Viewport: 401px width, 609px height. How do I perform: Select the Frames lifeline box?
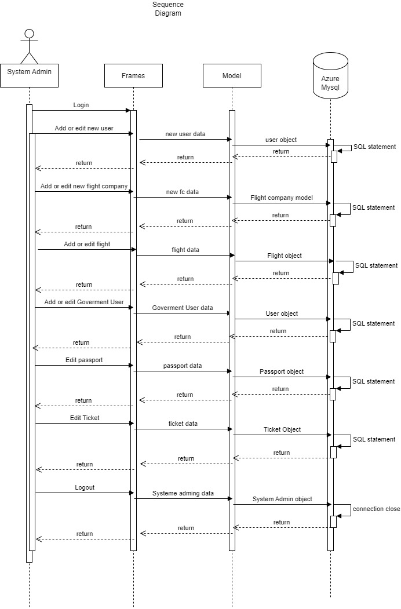click(x=133, y=75)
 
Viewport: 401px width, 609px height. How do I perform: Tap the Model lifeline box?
click(x=232, y=75)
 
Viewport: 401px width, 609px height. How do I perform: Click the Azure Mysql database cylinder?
click(x=330, y=75)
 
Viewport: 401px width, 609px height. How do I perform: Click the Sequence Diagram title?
click(x=168, y=9)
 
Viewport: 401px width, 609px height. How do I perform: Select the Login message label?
click(x=81, y=105)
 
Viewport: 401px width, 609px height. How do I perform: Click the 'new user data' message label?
click(x=185, y=134)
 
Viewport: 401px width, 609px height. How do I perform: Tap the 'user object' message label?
click(x=280, y=140)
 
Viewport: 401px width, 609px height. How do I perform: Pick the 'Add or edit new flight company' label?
click(x=84, y=187)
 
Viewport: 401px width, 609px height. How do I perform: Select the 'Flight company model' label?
click(x=282, y=198)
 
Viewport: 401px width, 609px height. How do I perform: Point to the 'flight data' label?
click(x=185, y=250)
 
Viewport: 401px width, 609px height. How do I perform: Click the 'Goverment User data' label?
click(x=183, y=308)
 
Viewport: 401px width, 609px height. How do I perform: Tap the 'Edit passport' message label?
click(x=84, y=360)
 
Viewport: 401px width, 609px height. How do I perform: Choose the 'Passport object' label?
click(x=282, y=372)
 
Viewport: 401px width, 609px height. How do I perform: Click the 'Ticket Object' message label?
click(x=282, y=430)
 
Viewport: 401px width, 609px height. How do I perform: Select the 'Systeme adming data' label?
click(x=183, y=494)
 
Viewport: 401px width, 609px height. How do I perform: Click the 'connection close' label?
click(x=376, y=509)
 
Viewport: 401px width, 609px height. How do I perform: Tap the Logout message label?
click(x=85, y=488)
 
